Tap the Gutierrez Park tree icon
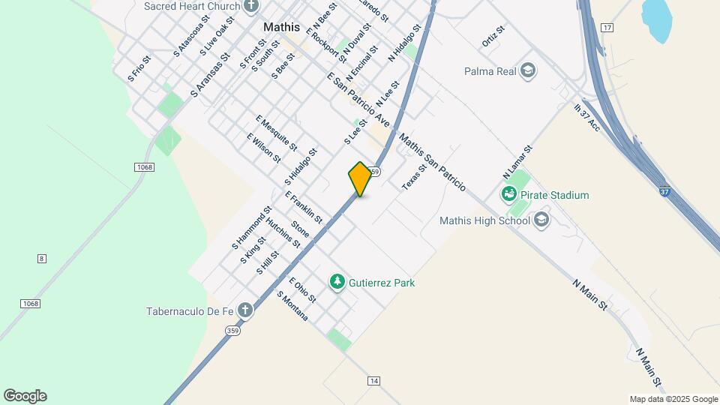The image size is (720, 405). coord(337,282)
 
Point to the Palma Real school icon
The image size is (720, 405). coord(529,71)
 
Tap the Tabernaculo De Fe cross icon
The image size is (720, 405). coord(244,310)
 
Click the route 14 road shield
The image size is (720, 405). coord(373,381)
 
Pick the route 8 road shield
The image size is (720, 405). coord(42,259)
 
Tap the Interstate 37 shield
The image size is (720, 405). coord(666,192)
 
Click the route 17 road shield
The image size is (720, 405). coord(607,28)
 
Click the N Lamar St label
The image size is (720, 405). coord(517,161)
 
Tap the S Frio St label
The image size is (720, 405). coord(140,68)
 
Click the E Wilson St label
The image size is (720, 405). coord(263,148)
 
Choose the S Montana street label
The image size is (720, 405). coord(292,306)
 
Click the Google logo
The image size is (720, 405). coord(25,396)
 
